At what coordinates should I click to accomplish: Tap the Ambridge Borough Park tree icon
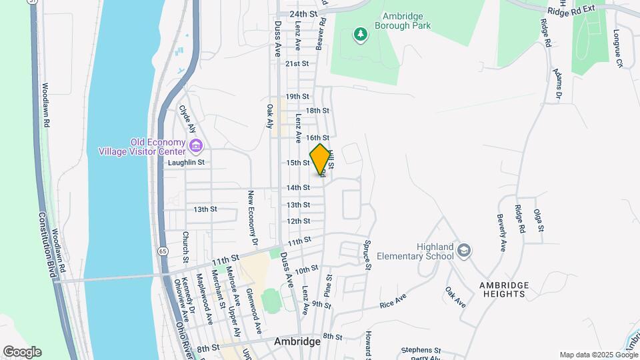tap(360, 33)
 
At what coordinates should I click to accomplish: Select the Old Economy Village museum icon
tap(196, 146)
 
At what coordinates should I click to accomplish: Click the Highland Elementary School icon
tap(465, 251)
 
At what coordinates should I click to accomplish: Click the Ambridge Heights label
tap(504, 290)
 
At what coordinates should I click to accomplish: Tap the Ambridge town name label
tap(297, 341)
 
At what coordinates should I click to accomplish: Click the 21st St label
tap(297, 64)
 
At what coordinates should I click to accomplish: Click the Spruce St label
tap(367, 254)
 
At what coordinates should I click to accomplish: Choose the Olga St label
tap(539, 221)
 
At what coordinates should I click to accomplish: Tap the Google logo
tap(22, 352)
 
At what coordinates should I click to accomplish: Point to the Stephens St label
tap(421, 350)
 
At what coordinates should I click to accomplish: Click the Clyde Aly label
tap(186, 119)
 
